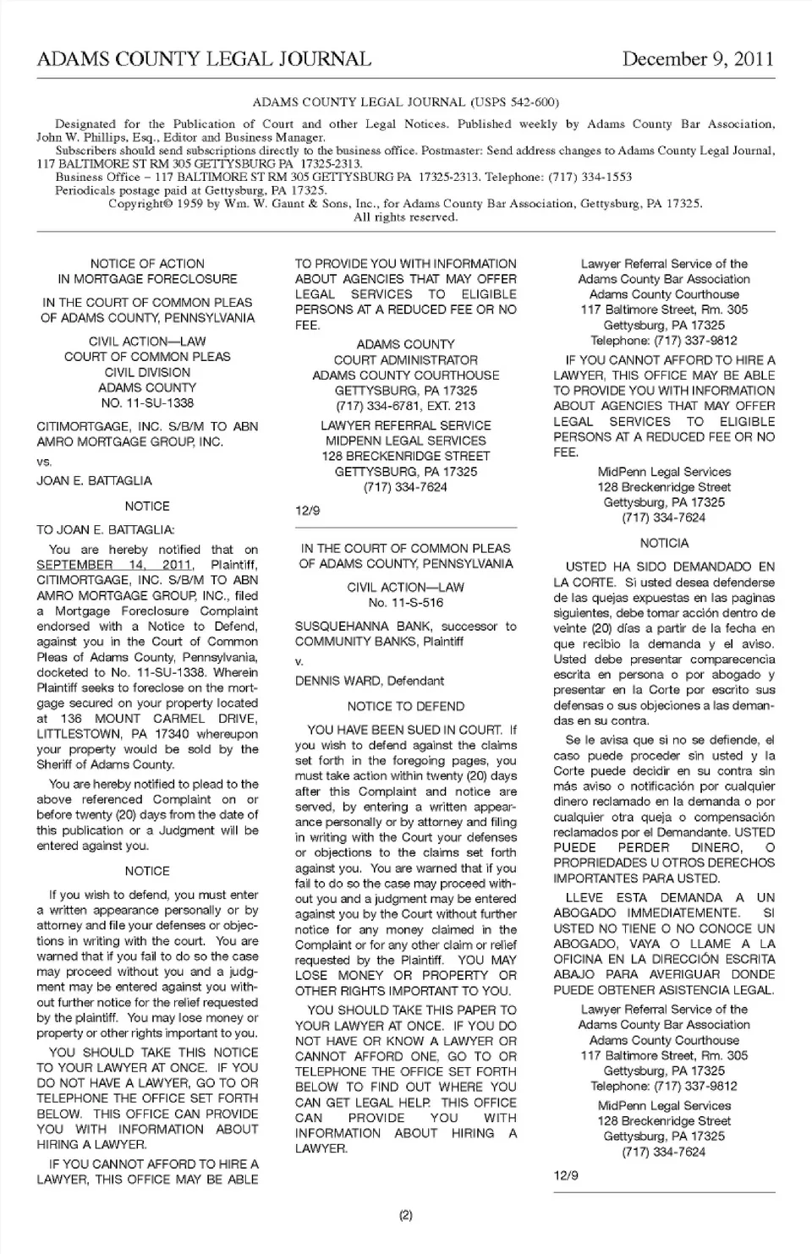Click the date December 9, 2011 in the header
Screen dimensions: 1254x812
tap(698, 59)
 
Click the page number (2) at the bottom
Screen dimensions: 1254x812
tap(405, 1215)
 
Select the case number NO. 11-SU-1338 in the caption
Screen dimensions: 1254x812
tap(147, 403)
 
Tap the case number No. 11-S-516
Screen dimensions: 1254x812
tap(405, 603)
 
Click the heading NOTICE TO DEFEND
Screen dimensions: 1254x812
tap(405, 706)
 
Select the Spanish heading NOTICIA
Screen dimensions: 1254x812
tap(664, 543)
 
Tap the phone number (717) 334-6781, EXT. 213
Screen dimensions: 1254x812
tap(405, 406)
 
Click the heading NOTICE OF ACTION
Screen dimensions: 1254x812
tap(147, 264)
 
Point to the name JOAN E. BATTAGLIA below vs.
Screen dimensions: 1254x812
tap(94, 480)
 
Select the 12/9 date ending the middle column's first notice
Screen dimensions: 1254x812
tap(307, 511)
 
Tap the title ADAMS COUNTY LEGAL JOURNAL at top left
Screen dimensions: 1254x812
tap(204, 59)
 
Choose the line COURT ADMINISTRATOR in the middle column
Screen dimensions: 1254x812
tap(405, 360)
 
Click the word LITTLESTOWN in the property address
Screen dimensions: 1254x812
tap(73, 734)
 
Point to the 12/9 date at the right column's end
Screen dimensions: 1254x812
tap(566, 1175)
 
